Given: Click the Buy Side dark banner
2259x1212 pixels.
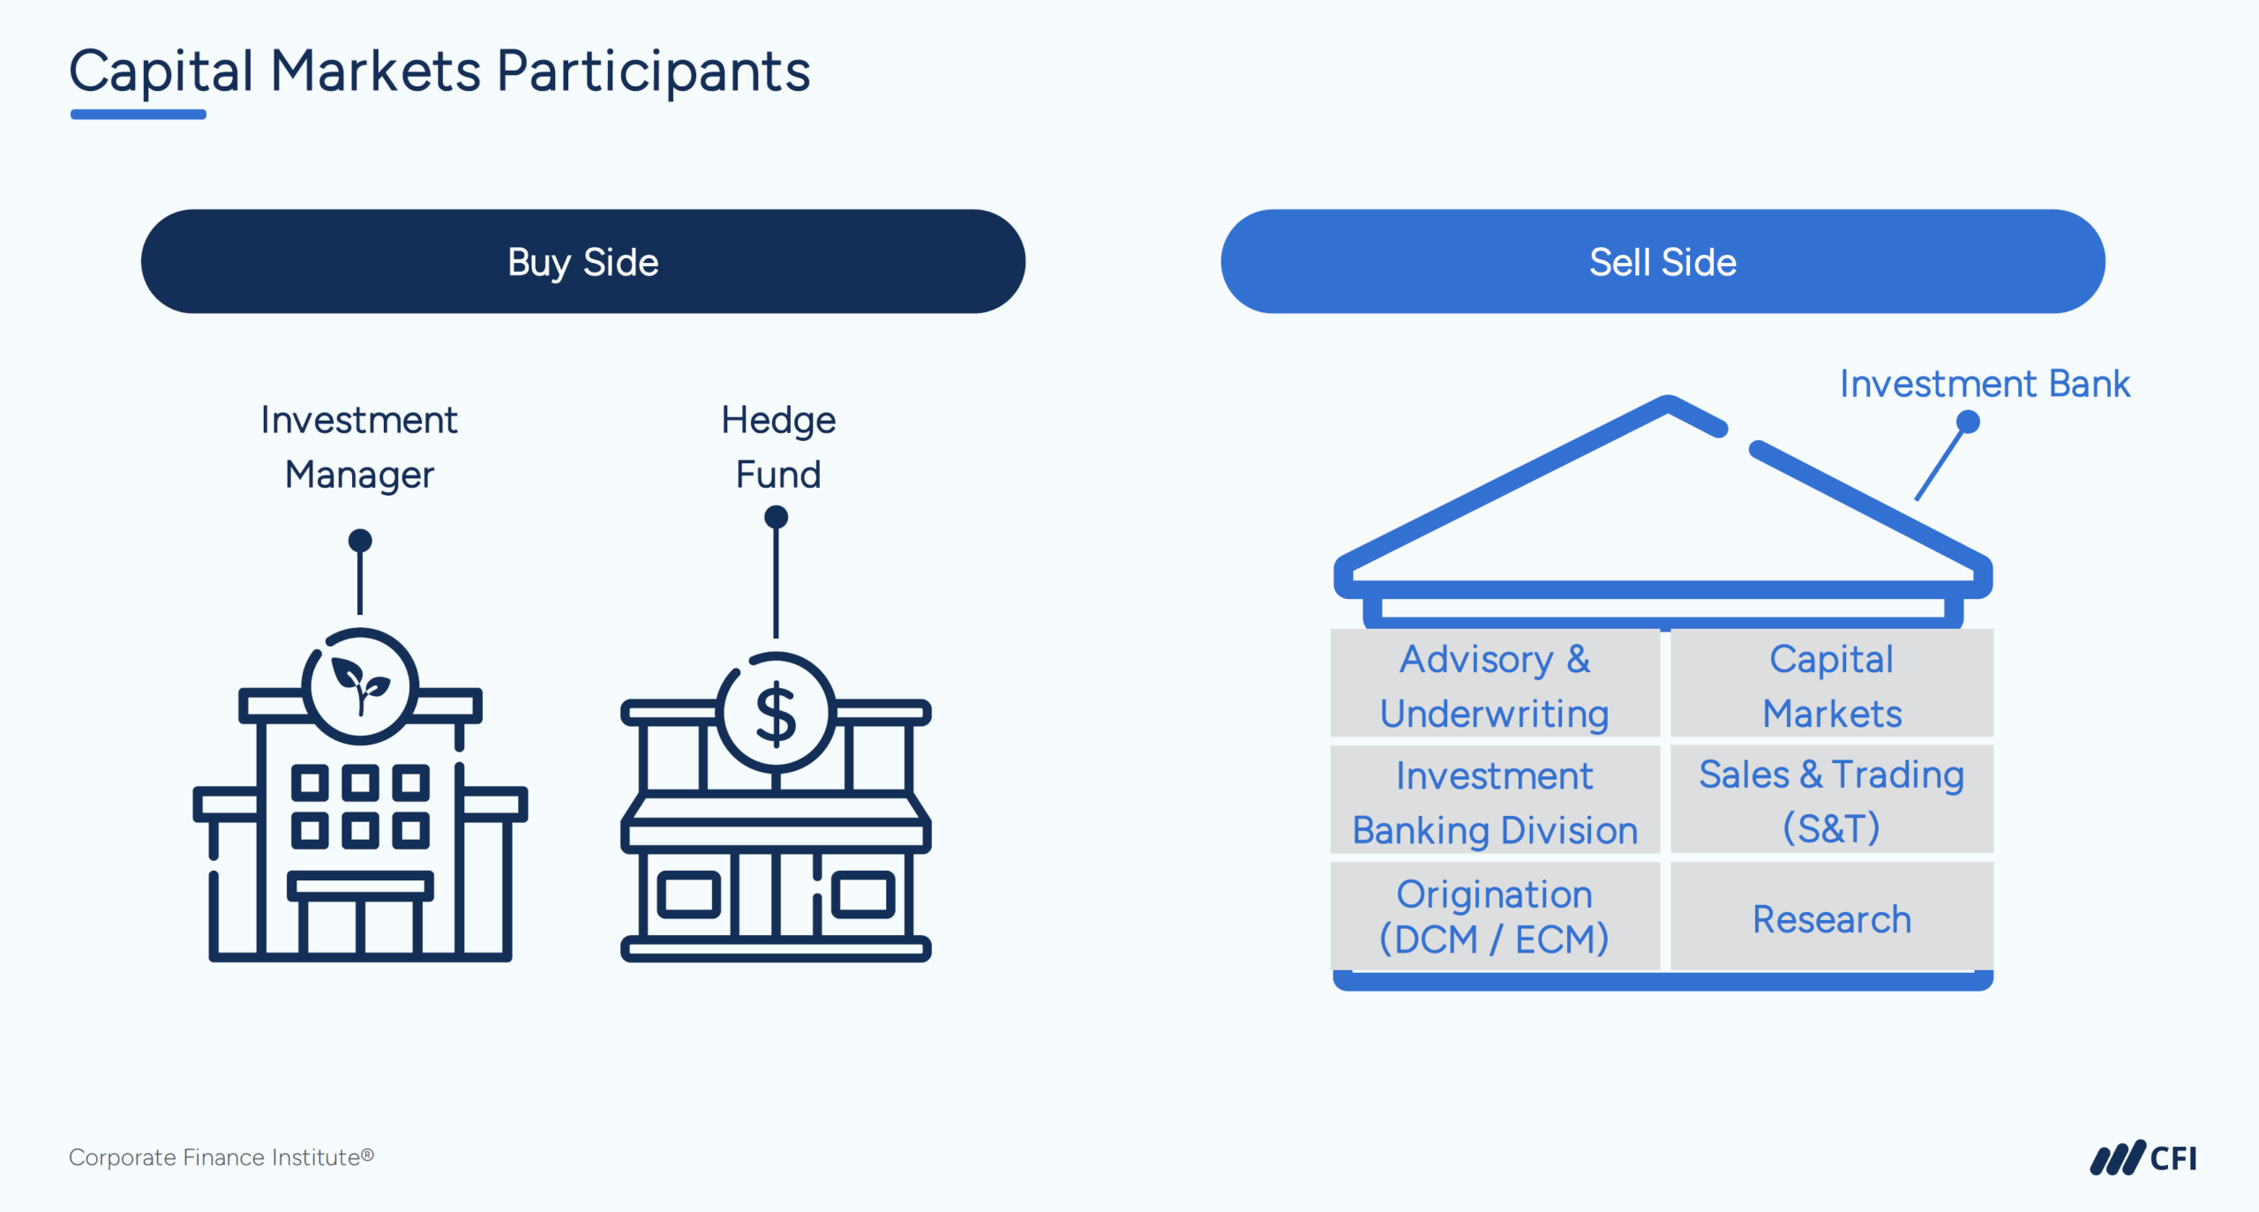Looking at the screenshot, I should pyautogui.click(x=582, y=261).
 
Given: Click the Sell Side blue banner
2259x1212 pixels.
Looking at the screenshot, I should pyautogui.click(x=1662, y=261).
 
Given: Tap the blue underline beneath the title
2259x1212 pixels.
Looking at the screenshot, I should pyautogui.click(x=139, y=115).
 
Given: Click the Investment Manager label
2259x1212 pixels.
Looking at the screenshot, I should pyautogui.click(x=359, y=446).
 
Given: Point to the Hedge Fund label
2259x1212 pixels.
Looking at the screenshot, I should pyautogui.click(x=777, y=446).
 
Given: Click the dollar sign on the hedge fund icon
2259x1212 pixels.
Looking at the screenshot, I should pyautogui.click(x=776, y=713).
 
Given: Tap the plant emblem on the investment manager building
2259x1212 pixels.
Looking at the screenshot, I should pyautogui.click(x=360, y=685).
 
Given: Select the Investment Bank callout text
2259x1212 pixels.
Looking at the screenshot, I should pyautogui.click(x=1984, y=384).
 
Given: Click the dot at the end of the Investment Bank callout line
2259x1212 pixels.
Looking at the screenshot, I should pyautogui.click(x=1967, y=423).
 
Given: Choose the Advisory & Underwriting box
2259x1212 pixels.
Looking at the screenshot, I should pyautogui.click(x=1494, y=685).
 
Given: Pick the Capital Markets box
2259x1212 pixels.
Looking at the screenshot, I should pyautogui.click(x=1831, y=685).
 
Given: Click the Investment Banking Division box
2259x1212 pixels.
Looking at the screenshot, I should pyautogui.click(x=1494, y=802).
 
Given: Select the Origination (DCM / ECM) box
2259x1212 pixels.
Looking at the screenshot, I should pyautogui.click(x=1494, y=916).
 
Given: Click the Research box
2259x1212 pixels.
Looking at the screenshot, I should pyautogui.click(x=1831, y=918).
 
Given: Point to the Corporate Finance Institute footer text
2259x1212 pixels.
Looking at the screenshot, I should pyautogui.click(x=221, y=1156).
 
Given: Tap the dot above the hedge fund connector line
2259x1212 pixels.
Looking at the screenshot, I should pyautogui.click(x=776, y=516).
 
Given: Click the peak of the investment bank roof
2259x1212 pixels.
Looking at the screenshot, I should pyautogui.click(x=1668, y=403).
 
